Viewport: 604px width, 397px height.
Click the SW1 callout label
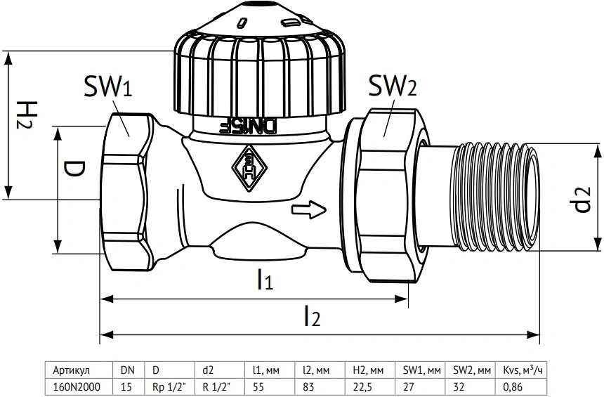pyautogui.click(x=108, y=86)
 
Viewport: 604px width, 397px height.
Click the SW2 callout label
pyautogui.click(x=393, y=86)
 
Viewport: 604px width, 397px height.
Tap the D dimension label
pyautogui.click(x=74, y=169)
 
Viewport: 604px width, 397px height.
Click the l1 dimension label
pyautogui.click(x=265, y=280)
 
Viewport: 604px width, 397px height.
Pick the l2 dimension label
pyautogui.click(x=312, y=315)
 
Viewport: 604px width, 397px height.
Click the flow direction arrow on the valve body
pyautogui.click(x=309, y=209)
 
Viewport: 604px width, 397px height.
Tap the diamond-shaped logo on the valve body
pyautogui.click(x=249, y=168)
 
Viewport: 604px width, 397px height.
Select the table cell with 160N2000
pyautogui.click(x=77, y=386)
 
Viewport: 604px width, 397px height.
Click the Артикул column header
pyautogui.click(x=71, y=370)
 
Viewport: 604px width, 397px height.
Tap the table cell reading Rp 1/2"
pyautogui.click(x=166, y=386)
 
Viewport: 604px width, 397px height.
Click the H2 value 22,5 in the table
pyautogui.click(x=362, y=386)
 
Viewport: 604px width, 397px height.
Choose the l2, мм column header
pyautogui.click(x=315, y=370)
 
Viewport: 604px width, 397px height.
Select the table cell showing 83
pyautogui.click(x=308, y=386)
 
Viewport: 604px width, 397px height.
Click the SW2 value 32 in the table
pyautogui.click(x=459, y=386)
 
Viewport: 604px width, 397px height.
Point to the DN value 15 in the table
pyautogui.click(x=126, y=386)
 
